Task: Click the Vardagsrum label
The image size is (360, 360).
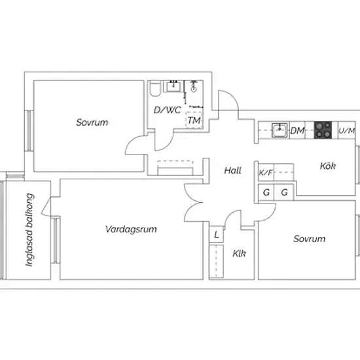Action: coord(131,229)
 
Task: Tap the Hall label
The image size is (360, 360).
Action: coord(232,171)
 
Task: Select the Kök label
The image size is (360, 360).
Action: coord(328,166)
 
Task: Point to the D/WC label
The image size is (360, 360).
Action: coord(168,110)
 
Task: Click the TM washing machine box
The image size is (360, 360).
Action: coord(194,120)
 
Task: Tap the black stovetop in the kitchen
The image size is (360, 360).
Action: coord(323,130)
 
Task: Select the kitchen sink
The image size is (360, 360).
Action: coord(279,130)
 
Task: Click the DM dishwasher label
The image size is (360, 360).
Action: coord(298,131)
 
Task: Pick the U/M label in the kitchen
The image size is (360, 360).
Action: coord(347,131)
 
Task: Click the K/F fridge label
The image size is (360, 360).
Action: coord(266,172)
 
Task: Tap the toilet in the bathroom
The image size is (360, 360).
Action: coord(155,89)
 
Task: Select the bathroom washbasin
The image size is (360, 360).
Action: coord(173,86)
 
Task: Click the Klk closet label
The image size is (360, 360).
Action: coord(239,253)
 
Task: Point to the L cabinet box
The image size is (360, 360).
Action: coord(216,234)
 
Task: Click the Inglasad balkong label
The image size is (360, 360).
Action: coord(29,230)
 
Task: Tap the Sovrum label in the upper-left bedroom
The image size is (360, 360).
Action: coord(92,122)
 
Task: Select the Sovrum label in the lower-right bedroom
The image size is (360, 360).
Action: coord(309,239)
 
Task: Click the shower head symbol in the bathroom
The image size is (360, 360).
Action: coord(194,86)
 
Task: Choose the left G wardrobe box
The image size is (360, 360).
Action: coord(266,192)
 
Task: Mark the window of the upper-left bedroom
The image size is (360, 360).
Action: coord(29,131)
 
